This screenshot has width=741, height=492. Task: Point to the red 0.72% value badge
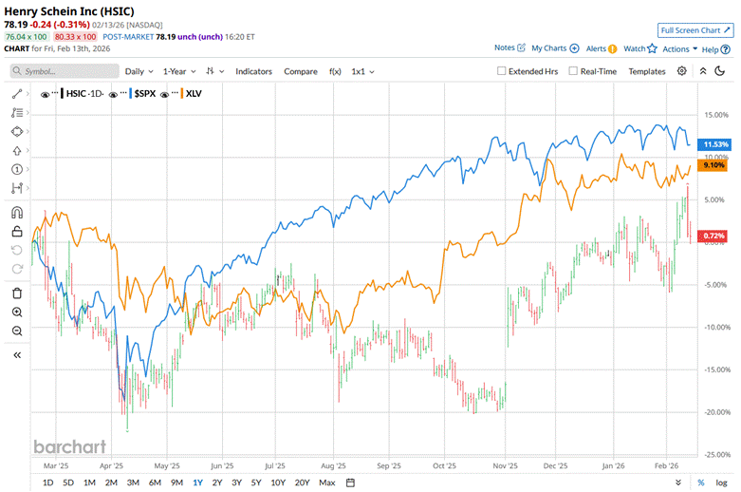tap(713, 236)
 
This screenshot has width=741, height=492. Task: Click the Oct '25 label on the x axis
tap(443, 466)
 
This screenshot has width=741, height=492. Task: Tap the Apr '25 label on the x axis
tap(112, 466)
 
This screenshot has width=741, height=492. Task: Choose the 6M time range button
tap(155, 483)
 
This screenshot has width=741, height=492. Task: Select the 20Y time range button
tap(303, 483)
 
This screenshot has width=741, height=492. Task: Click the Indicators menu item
tap(253, 71)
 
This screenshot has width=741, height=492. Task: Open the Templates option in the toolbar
tap(647, 71)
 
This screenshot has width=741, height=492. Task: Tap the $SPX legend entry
tap(145, 94)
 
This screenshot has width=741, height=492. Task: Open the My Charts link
tap(554, 47)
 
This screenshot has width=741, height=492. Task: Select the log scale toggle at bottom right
tap(722, 483)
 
